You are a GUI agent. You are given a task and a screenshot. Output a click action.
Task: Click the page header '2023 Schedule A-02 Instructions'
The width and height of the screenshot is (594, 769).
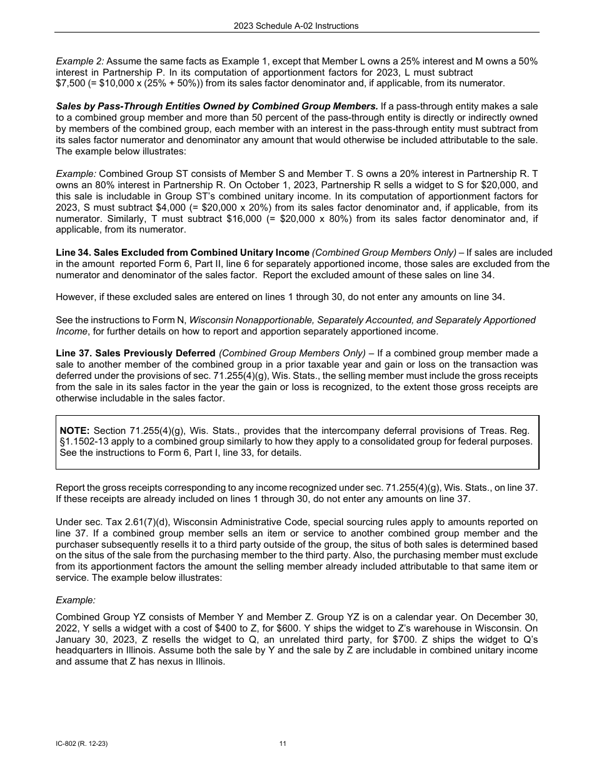pos(296,26)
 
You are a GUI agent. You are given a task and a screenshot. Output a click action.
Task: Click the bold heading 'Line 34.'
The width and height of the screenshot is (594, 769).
pos(73,253)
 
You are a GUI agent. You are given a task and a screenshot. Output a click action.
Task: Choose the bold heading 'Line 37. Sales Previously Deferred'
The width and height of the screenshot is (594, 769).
pos(136,353)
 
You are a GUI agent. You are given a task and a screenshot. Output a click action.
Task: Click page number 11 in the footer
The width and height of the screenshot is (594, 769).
pos(283,744)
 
